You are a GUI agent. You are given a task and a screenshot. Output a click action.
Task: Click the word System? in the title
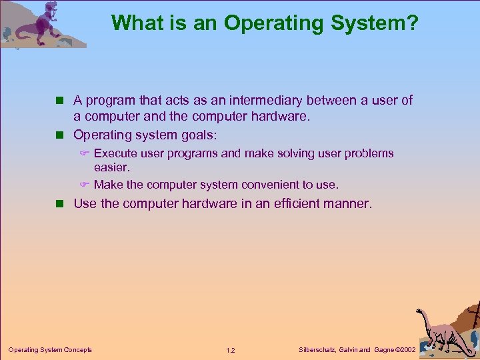[x=379, y=23]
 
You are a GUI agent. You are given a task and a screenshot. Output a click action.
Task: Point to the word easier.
[x=111, y=168]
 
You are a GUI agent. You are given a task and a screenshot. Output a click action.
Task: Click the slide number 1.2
[x=231, y=350]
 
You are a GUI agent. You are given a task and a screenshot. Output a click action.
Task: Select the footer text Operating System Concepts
[x=50, y=349]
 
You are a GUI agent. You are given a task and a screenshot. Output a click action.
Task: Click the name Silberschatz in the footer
[x=317, y=349]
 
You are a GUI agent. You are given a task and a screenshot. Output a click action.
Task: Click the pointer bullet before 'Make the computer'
[x=84, y=185]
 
